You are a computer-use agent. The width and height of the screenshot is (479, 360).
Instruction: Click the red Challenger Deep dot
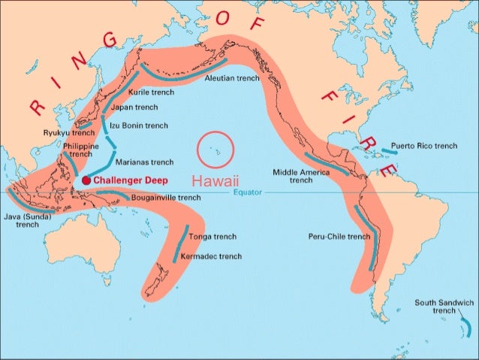[x=86, y=180]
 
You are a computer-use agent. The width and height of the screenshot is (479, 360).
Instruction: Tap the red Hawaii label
[x=214, y=181]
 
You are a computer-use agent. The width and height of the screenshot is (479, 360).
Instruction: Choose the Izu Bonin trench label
[x=139, y=126]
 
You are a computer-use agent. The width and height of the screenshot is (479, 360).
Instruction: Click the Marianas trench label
[x=144, y=162]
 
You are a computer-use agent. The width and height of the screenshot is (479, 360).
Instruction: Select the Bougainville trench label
[x=166, y=198]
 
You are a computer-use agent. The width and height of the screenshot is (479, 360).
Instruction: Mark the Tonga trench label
[x=207, y=237]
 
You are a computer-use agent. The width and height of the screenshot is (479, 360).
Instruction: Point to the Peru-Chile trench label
[x=339, y=236]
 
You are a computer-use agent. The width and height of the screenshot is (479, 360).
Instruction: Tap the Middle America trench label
[x=301, y=176]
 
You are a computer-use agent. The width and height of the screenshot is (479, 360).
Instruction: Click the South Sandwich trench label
[x=444, y=306]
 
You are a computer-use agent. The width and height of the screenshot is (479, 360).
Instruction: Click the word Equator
[x=247, y=192]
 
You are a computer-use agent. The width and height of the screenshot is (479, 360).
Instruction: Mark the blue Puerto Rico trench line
[x=389, y=151]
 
